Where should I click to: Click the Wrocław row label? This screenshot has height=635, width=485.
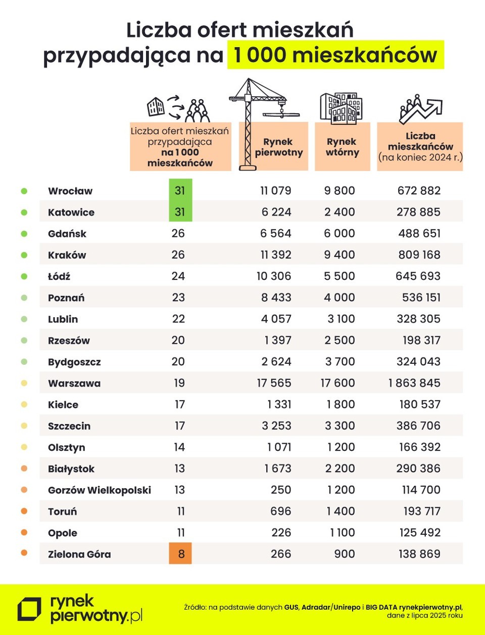tap(70, 191)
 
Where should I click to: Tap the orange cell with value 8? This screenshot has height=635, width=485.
tap(180, 554)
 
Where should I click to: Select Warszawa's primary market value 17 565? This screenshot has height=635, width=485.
tap(274, 383)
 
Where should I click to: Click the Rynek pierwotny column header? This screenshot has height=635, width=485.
tap(278, 147)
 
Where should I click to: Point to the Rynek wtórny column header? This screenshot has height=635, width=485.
tap(342, 147)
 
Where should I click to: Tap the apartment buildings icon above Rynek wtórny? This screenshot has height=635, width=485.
tap(341, 108)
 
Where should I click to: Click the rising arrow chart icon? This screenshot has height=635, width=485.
tap(420, 109)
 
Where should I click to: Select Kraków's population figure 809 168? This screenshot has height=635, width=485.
tap(419, 255)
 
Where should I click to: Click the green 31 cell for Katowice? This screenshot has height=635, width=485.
tap(180, 212)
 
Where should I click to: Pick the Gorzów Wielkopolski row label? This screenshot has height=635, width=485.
tap(100, 490)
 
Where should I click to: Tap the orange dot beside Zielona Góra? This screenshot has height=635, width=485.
tap(24, 553)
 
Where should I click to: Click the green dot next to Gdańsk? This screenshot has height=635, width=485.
tap(24, 234)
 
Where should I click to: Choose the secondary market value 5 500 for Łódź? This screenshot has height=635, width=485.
tap(339, 276)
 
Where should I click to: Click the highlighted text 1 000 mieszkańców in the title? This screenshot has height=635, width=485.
tap(335, 55)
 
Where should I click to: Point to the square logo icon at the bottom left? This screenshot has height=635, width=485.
tap(29, 609)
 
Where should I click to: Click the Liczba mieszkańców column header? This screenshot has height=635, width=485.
tap(420, 147)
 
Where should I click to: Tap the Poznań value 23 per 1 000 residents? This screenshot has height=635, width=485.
tap(178, 298)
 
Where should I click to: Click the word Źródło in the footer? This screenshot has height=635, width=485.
tap(195, 607)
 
